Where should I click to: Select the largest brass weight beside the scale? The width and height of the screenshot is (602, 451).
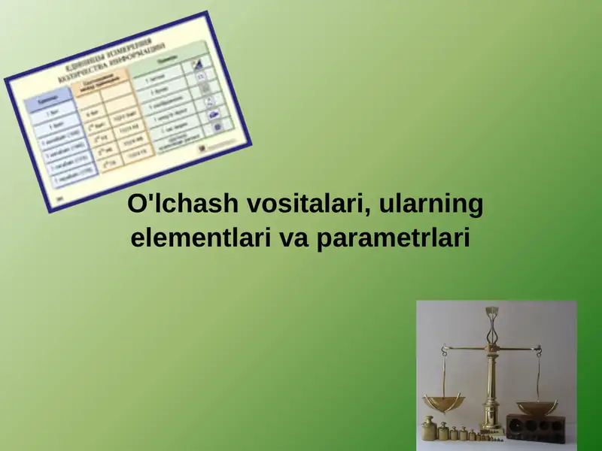pyautogui.click(x=429, y=428)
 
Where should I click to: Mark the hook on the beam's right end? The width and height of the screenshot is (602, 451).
pyautogui.click(x=538, y=348)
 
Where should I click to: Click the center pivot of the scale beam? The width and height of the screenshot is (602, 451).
pyautogui.click(x=493, y=348)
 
